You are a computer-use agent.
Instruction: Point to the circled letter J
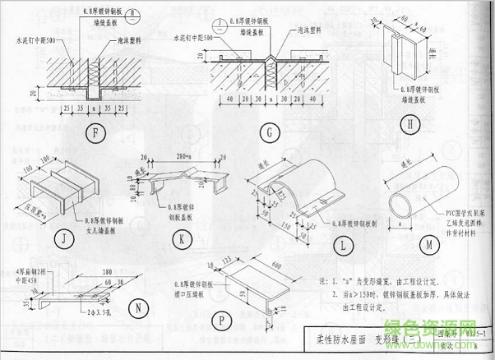pyautogui.click(x=62, y=240)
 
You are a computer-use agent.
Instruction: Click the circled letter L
pyautogui.click(x=346, y=244)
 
